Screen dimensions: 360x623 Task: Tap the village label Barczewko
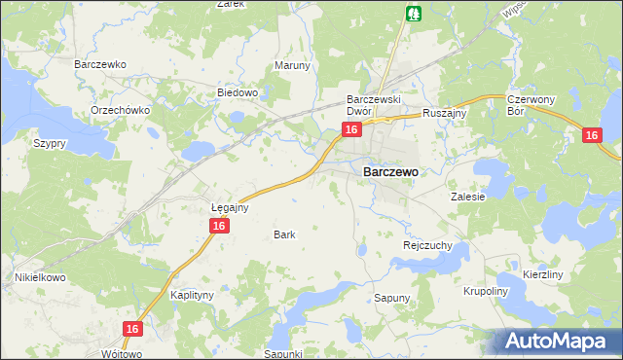(x=101, y=65)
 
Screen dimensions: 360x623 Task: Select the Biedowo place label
(x=237, y=93)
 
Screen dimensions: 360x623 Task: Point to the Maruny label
(x=292, y=66)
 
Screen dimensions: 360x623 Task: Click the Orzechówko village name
(x=120, y=110)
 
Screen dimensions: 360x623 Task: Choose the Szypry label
(x=49, y=143)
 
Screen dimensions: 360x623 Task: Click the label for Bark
(x=284, y=234)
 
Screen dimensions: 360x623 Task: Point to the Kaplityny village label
(x=192, y=294)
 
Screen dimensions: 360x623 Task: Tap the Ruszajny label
(x=446, y=113)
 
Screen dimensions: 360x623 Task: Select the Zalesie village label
(x=467, y=196)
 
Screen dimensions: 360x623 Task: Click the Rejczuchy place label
(x=427, y=246)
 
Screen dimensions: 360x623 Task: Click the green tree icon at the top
(x=414, y=14)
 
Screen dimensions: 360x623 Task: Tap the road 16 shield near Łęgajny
(x=219, y=226)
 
